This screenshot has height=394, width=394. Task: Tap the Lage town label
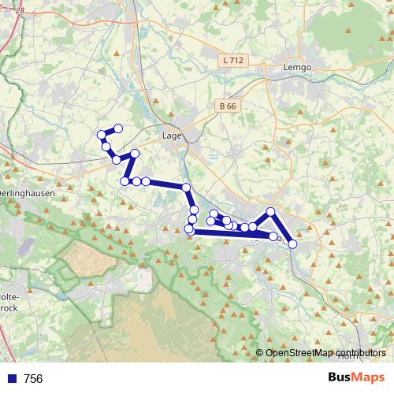point(171,135)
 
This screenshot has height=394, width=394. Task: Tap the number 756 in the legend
point(33,379)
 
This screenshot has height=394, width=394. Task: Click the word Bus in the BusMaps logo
point(340,378)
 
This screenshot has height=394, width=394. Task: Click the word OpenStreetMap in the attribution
point(299,353)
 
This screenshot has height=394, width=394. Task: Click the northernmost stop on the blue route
point(118,128)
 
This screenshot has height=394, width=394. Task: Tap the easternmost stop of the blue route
point(292,244)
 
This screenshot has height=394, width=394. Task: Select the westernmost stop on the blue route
point(102,136)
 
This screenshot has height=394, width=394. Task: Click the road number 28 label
point(20,10)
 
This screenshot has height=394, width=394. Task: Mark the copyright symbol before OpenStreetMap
point(259,353)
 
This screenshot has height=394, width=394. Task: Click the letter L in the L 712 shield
point(227,60)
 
